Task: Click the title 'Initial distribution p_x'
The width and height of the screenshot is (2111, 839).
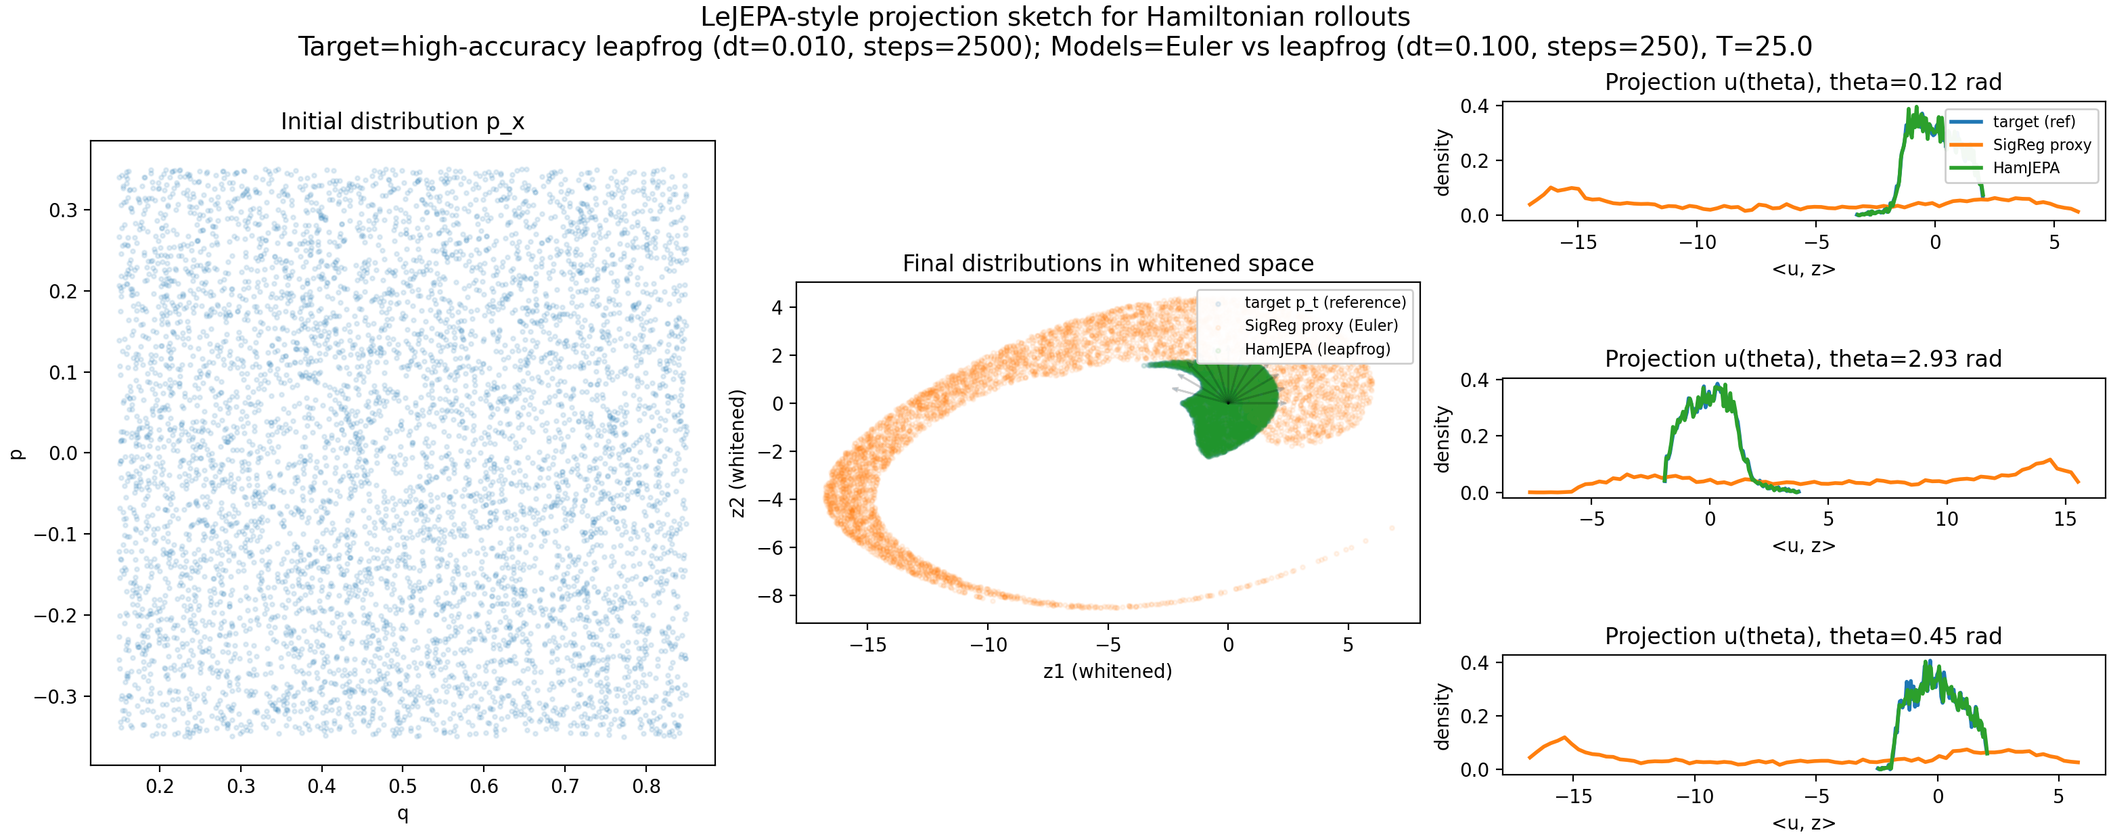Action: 403,121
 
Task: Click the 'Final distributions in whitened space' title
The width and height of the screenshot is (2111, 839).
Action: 1108,263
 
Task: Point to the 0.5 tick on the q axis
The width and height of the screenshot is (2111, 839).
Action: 403,786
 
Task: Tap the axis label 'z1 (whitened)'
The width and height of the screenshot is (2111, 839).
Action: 1107,671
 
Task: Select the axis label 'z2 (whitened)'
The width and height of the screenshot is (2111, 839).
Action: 738,453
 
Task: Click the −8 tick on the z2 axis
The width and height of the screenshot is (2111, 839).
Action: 771,595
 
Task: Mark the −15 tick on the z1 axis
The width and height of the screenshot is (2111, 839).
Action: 868,645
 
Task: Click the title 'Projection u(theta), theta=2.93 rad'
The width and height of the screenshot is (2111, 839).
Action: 1803,359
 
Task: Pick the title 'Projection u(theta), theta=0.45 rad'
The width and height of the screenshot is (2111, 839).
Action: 1803,636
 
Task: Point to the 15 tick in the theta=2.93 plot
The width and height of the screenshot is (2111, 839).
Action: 2065,519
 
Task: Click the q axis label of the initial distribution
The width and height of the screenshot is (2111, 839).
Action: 403,813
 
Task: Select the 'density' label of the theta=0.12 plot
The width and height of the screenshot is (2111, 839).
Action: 1443,162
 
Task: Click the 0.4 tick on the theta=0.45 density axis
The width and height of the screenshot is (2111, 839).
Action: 1475,662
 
